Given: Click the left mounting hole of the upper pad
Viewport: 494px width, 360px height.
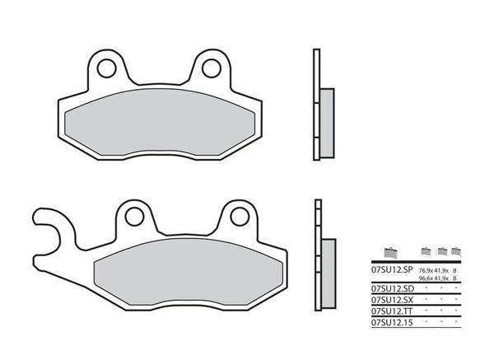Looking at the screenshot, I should [105, 65].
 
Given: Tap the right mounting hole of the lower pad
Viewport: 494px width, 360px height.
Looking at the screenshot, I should [238, 217].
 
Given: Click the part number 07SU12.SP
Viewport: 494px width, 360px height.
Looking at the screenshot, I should [391, 269].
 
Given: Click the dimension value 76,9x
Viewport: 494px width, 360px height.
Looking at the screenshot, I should [426, 269].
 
